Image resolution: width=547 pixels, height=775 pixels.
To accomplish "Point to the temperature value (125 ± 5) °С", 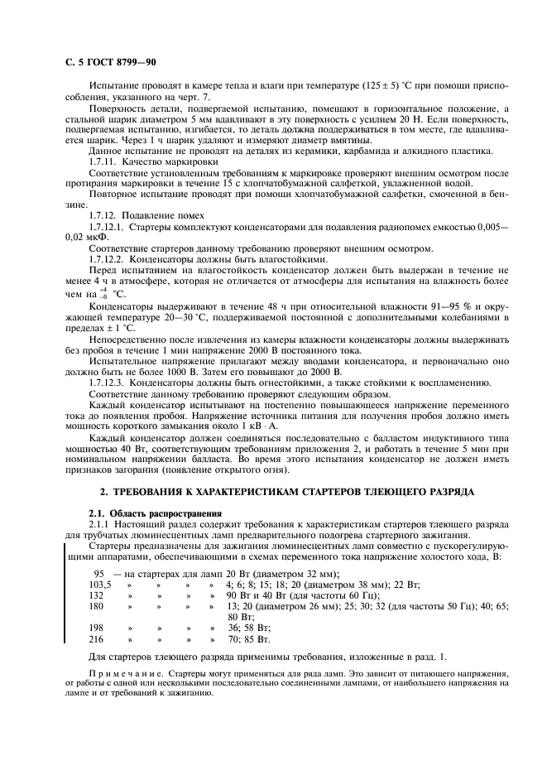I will click(409, 85).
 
